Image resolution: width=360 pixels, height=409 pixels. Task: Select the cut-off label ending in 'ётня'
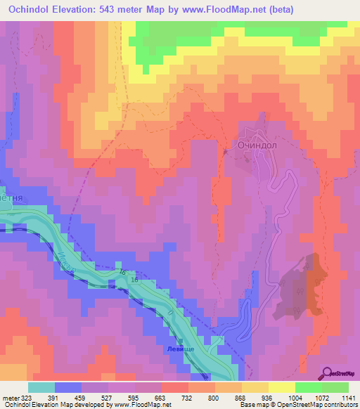(12, 198)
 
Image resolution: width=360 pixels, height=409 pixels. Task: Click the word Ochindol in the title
(34, 10)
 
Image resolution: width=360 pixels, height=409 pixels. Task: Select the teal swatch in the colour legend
(41, 387)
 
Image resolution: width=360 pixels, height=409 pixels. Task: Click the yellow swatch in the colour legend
(282, 387)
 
